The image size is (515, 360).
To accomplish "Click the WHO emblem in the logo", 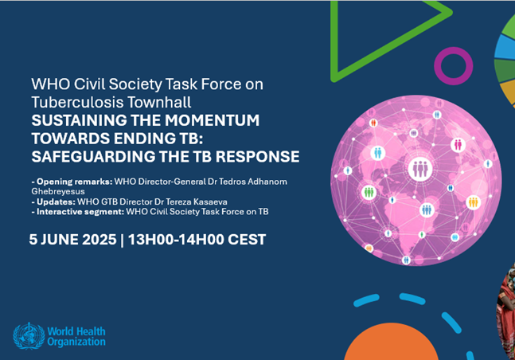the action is coord(29,336).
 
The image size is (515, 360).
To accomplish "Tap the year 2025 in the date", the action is coord(99,240).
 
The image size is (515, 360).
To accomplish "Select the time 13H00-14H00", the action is coord(176,240).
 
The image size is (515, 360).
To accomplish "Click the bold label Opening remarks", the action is coord(75,182).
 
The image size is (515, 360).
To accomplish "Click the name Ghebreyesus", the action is coord(58,192).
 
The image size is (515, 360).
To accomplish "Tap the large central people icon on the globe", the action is coord(419,168).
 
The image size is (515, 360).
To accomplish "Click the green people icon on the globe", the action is coord(369,192).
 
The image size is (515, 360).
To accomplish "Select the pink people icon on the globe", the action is coord(458,144).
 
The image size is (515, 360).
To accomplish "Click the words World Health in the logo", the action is coord(76,331).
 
